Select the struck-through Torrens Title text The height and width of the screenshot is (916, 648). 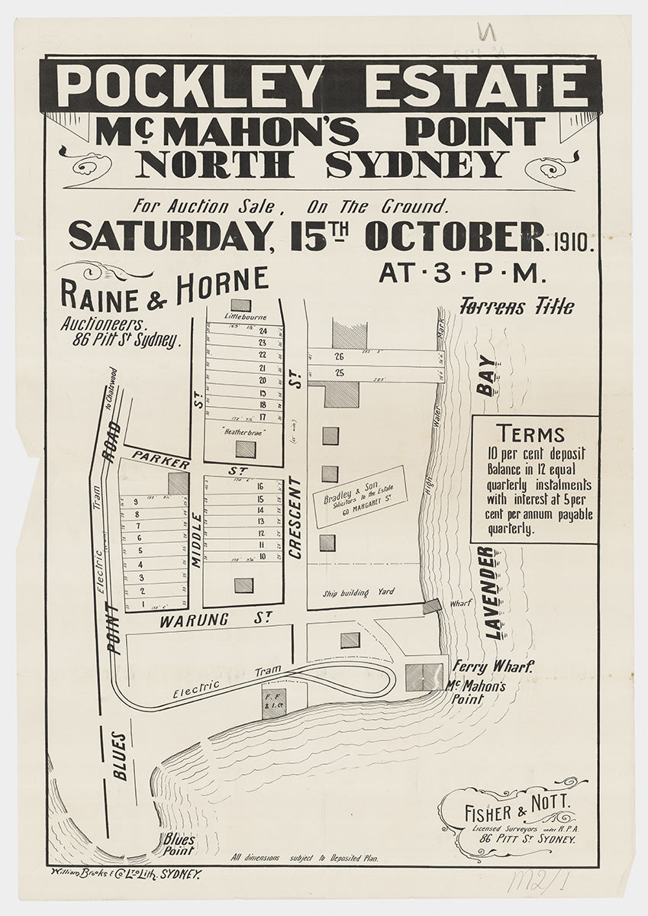tap(517, 307)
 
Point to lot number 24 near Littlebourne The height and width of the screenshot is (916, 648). tap(263, 331)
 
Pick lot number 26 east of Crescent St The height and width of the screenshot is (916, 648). tap(340, 356)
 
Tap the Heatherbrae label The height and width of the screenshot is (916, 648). tap(243, 432)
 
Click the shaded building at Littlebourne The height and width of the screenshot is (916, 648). tap(240, 305)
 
